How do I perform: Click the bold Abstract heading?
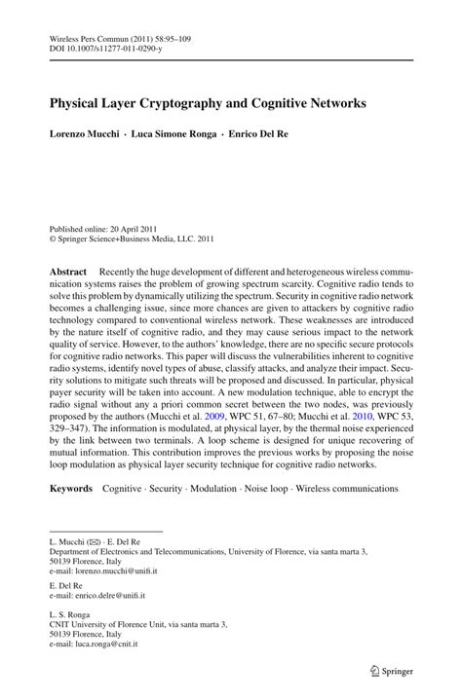tap(68, 270)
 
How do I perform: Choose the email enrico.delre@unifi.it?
tap(110, 597)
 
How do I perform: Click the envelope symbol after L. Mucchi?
tap(96, 539)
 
